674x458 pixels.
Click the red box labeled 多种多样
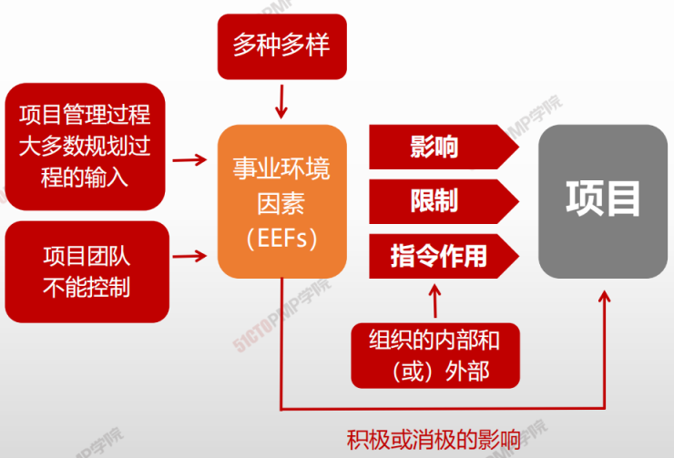[x=282, y=46]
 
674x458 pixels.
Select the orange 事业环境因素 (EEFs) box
[x=282, y=201]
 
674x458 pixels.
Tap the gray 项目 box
[x=603, y=201]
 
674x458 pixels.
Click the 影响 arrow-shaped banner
[x=444, y=147]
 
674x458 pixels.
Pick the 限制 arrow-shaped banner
[x=444, y=201]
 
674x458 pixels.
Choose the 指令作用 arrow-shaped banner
[x=444, y=256]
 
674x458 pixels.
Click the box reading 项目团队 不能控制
[x=87, y=271]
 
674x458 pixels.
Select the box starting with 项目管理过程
[x=85, y=147]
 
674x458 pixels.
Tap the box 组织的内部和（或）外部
[x=435, y=356]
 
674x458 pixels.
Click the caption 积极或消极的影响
[x=434, y=440]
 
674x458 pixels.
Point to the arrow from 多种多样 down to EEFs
[x=281, y=101]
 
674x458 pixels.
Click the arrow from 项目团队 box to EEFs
[x=189, y=257]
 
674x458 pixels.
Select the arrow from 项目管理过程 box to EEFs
[x=189, y=160]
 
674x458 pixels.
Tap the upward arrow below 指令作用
[x=435, y=300]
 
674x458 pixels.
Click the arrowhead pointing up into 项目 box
[x=605, y=297]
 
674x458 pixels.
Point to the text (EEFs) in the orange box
[x=281, y=238]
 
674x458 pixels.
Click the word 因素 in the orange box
[x=281, y=203]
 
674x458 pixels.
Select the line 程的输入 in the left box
[x=85, y=178]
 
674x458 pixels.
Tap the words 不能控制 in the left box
[x=87, y=287]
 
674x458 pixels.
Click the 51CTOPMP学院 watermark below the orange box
[x=282, y=314]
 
